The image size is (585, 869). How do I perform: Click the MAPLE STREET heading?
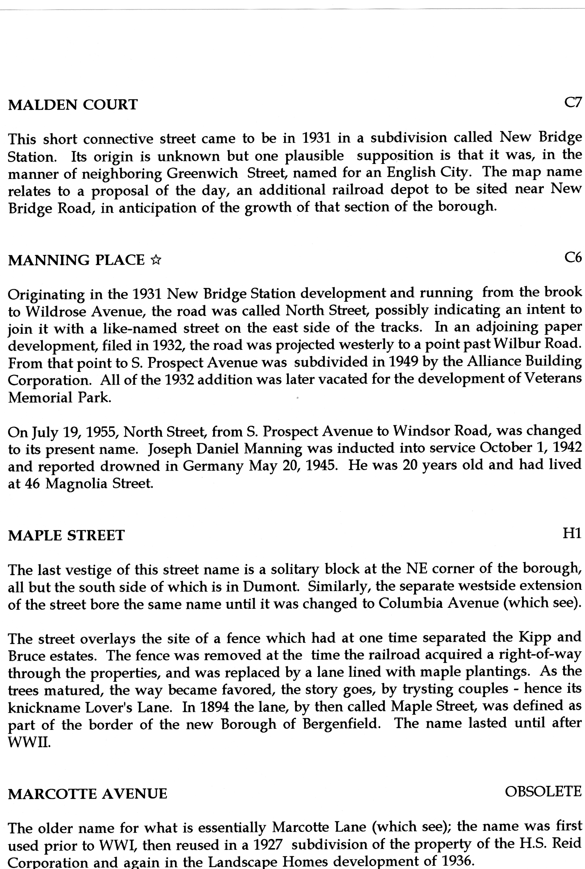click(x=66, y=535)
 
